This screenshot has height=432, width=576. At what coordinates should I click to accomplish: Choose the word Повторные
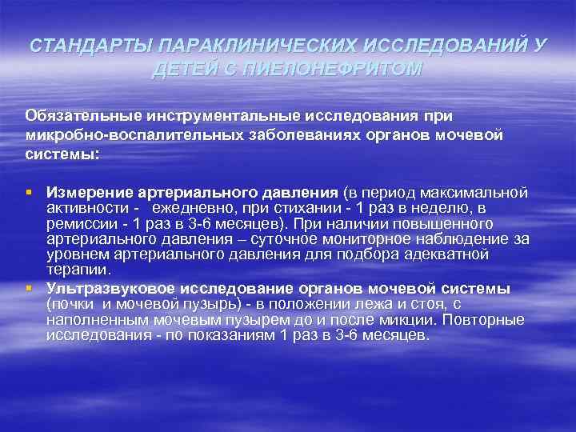[489, 320]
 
